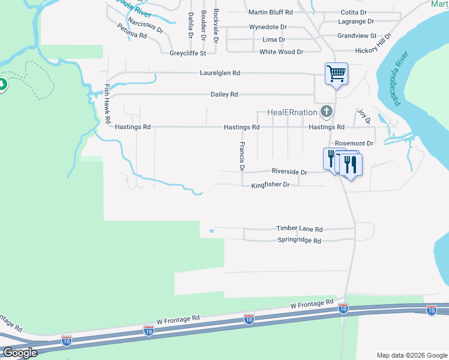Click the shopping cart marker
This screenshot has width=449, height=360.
coord(336,74)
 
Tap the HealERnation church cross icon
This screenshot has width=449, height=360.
coord(326,111)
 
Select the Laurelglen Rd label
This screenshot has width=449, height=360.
coord(220,73)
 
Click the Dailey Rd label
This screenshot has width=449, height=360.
coord(224,95)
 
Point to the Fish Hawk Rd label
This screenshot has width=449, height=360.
coord(107,103)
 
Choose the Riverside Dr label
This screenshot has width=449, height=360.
coord(289,172)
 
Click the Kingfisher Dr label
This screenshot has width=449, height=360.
coord(270,185)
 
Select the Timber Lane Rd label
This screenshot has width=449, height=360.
coord(299,229)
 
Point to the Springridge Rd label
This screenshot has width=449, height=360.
coord(299,241)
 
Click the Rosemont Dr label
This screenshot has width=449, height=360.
coord(354,144)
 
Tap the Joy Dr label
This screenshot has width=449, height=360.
coord(364,116)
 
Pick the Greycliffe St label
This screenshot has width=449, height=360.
coord(187,53)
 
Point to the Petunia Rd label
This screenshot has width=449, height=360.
coord(132,31)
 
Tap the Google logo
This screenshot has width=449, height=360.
coord(20,353)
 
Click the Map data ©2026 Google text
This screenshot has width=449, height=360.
coord(411,355)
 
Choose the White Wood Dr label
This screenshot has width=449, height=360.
coord(281,52)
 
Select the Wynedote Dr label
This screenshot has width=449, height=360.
coord(268,28)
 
